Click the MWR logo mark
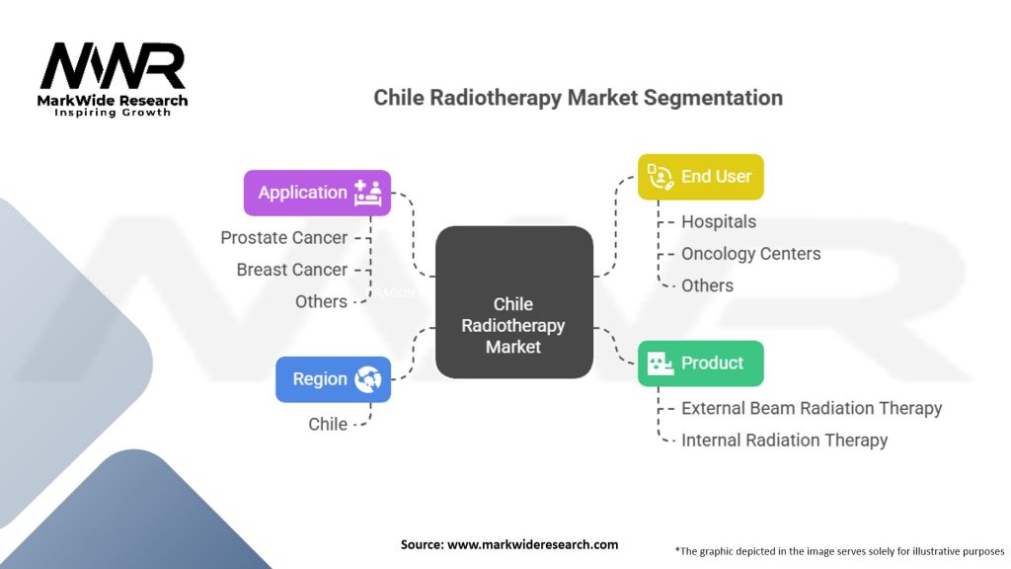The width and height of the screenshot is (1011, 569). [113, 66]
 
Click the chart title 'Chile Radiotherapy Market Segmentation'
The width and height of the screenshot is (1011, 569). [579, 98]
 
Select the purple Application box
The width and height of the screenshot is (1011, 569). [317, 193]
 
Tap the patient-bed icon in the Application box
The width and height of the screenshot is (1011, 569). [367, 193]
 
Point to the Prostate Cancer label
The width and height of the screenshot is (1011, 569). [283, 237]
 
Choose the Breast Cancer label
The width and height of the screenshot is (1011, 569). [291, 270]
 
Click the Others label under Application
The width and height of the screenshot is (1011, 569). [321, 301]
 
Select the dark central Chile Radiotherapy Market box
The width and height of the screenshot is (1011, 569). [513, 302]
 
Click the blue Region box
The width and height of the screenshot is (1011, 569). [334, 379]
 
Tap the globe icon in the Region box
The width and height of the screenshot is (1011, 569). [367, 379]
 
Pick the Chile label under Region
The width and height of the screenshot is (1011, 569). [328, 424]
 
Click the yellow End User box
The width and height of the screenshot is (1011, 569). [701, 177]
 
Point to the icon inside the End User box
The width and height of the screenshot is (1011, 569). [661, 177]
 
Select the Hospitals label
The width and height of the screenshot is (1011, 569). [719, 221]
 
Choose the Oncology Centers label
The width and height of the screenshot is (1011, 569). [751, 254]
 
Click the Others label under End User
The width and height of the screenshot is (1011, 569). [707, 285]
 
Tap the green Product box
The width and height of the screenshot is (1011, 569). [701, 364]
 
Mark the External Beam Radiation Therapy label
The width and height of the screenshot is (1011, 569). [812, 408]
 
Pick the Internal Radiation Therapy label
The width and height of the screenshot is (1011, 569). [785, 440]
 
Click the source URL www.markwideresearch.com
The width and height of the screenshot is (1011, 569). [532, 544]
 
